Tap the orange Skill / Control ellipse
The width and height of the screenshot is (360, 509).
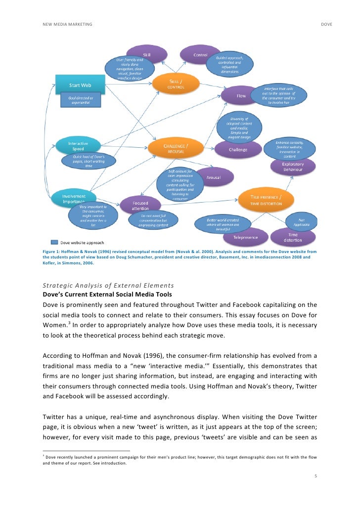[177, 84]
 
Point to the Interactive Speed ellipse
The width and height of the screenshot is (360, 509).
[78, 146]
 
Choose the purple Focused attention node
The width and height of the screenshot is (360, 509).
[140, 206]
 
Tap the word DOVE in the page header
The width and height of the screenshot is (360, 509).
[326, 24]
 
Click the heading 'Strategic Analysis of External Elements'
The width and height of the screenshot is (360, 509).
[108, 286]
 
